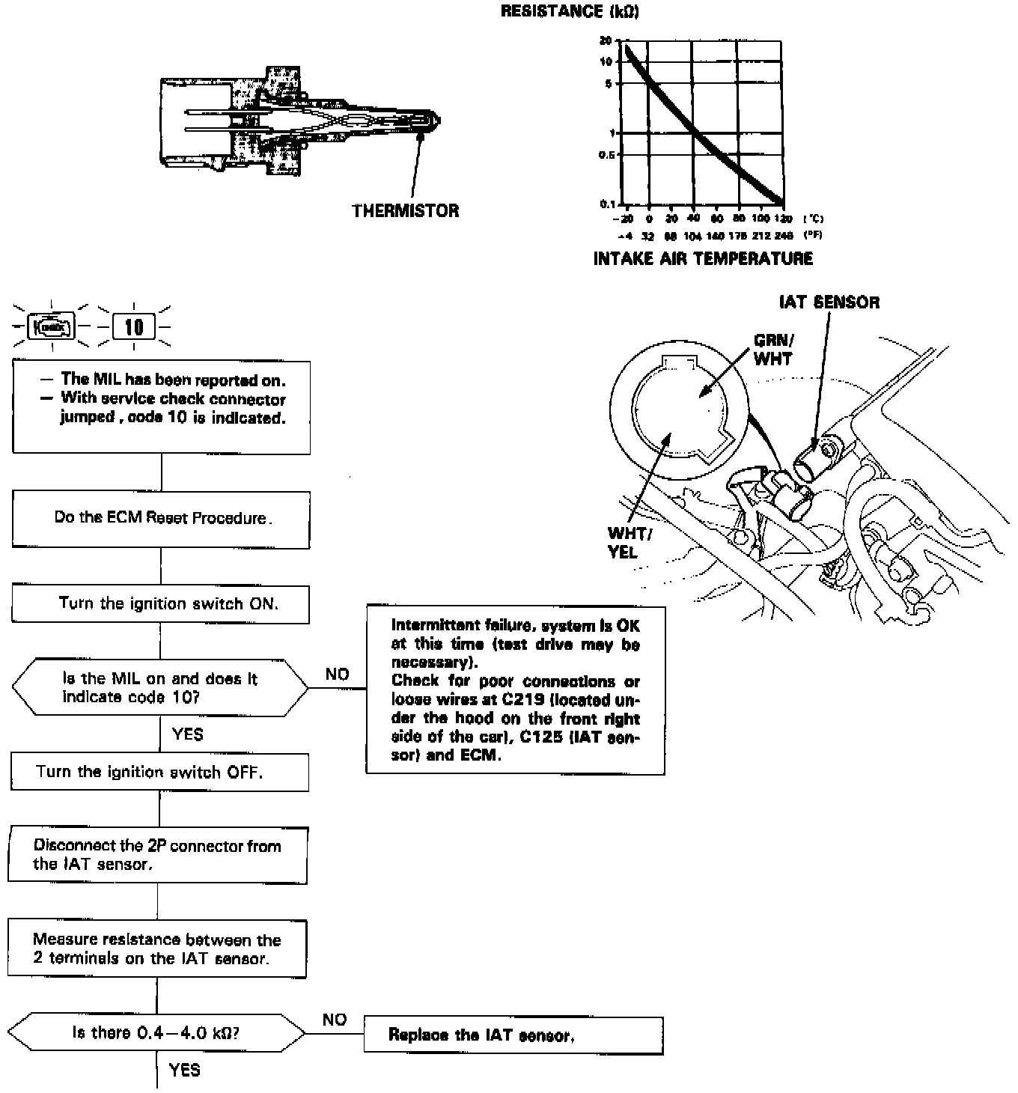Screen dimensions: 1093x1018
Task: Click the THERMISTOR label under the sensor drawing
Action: (x=405, y=210)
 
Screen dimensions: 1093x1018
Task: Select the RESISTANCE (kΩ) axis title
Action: (x=570, y=11)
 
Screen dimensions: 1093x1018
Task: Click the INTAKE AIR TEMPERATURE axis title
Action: (x=703, y=259)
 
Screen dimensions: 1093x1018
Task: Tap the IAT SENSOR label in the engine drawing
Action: (x=829, y=302)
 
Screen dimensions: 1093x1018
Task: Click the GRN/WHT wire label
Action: (x=773, y=350)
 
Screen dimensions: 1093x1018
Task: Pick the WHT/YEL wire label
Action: (x=629, y=543)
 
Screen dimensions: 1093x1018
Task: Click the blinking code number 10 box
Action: (x=134, y=327)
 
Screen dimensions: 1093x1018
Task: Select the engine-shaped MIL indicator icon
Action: (x=51, y=327)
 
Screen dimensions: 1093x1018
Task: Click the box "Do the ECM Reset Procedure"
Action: (x=161, y=519)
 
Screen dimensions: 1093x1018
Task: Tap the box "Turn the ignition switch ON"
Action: (x=161, y=604)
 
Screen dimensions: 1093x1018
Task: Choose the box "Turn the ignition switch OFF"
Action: (x=159, y=772)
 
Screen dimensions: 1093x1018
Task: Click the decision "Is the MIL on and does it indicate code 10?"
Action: (x=159, y=687)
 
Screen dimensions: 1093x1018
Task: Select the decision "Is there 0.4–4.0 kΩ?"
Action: (x=156, y=1033)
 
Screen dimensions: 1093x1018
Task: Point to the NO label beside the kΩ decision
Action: (x=335, y=1020)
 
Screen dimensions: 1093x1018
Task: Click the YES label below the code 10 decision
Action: (x=187, y=734)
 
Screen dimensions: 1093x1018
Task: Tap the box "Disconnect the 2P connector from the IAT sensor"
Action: (x=157, y=855)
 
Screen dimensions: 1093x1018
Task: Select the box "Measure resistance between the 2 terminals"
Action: (x=157, y=949)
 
